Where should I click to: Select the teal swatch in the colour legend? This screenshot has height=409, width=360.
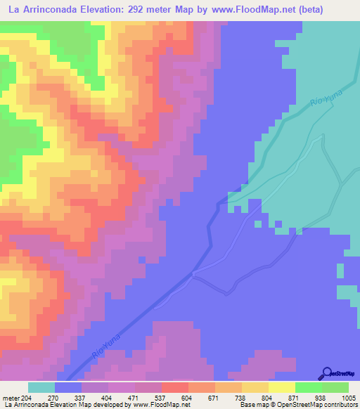41,388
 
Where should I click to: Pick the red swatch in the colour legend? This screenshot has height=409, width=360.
175,388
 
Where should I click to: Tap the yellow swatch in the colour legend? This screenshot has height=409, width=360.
282,388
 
